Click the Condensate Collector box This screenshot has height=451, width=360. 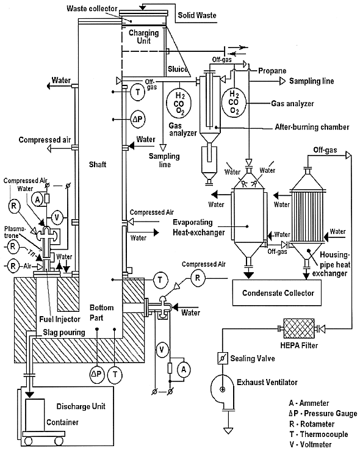click(x=277, y=292)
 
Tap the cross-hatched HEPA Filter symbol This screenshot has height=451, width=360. click(x=299, y=328)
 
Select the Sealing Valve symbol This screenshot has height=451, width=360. click(x=222, y=358)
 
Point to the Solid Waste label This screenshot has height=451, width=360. click(x=197, y=15)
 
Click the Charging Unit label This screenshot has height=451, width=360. click(x=143, y=37)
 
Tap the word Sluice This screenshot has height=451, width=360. click(x=178, y=69)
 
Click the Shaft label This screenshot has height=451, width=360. click(x=98, y=164)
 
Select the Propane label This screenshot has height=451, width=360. click(x=272, y=71)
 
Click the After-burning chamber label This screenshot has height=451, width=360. click(x=312, y=127)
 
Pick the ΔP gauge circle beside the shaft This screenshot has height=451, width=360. click(x=139, y=119)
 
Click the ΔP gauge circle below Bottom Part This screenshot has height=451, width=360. click(x=96, y=374)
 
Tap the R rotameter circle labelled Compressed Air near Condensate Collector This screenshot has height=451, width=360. click(x=198, y=278)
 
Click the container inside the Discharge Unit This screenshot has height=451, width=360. click(x=35, y=415)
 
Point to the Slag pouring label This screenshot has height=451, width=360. click(x=64, y=333)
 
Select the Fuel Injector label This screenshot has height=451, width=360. click(x=60, y=319)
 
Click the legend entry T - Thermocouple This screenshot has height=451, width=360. click(x=319, y=434)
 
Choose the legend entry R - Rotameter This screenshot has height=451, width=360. click(x=312, y=424)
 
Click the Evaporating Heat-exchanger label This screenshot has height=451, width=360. click(x=198, y=227)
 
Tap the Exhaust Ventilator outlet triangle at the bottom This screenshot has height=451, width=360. click(x=229, y=431)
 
